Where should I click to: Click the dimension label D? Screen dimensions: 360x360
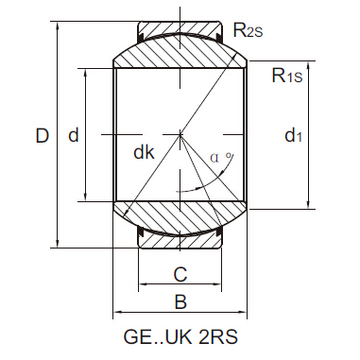42,136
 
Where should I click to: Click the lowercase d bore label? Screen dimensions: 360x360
74,136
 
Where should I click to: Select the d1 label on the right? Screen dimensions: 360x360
294,136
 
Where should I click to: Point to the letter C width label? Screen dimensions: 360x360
180,276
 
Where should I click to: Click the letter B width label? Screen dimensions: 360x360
180,302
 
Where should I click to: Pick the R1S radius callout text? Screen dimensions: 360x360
287,77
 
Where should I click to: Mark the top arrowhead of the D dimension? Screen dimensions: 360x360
60,27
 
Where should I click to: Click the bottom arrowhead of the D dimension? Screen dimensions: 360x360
60,245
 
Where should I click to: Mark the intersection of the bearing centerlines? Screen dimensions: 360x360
180,135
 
